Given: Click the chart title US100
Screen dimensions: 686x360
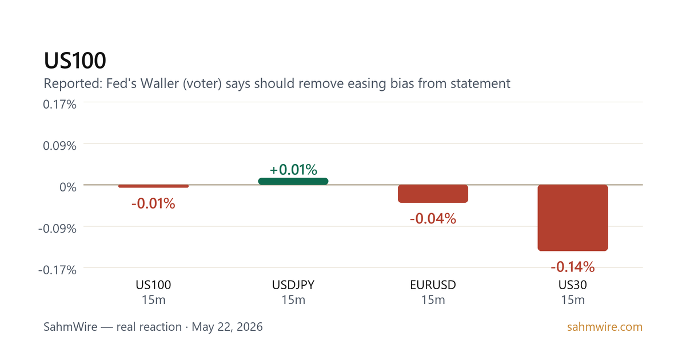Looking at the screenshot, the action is point(75,61).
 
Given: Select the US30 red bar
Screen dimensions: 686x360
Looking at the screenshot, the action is point(573,218).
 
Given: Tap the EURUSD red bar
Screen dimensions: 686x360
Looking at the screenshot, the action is point(433,194).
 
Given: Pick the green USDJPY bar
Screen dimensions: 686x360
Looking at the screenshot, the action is point(293,181).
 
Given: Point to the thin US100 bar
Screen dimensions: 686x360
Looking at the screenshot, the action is point(153,186).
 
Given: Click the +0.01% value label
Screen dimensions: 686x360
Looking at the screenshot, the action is point(293,170).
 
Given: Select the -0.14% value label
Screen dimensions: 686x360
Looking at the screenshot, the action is point(573,267).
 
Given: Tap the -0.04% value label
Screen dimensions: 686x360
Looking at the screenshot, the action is point(433,218).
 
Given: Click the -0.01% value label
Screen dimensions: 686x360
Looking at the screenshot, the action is point(153,203).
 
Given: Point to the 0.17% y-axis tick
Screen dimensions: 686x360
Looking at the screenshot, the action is point(59,105).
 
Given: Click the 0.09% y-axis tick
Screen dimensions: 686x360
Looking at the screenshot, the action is point(59,146).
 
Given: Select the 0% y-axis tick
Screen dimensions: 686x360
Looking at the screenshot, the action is point(68,187).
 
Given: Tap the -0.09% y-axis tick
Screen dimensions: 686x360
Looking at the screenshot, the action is point(57,229).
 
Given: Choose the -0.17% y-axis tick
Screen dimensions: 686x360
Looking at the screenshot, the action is point(57,270).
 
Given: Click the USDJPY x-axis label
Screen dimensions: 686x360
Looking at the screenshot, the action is point(293,285).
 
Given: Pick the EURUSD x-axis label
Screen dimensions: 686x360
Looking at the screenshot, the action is point(433,285).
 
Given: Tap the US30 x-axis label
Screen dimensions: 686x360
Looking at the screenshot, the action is point(573,285).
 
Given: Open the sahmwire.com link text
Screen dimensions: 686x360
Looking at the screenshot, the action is point(605,327).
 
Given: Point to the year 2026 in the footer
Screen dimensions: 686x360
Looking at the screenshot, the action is point(250,327).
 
